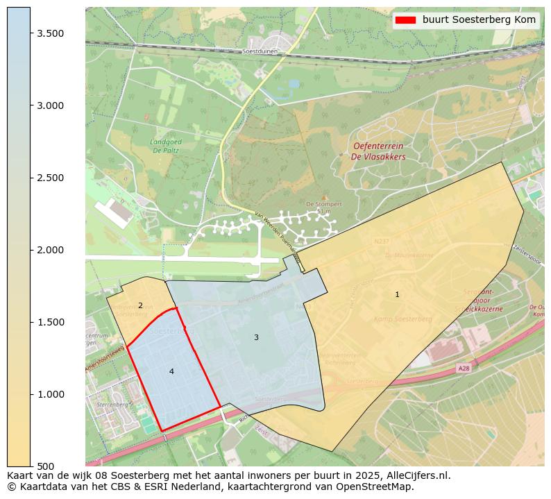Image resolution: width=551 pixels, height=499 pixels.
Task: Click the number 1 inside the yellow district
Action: [397, 295]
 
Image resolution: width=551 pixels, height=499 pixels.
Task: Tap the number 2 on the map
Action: [140, 305]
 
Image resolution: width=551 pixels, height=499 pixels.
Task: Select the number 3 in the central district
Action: [256, 338]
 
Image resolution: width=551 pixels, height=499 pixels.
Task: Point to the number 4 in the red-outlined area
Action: [171, 372]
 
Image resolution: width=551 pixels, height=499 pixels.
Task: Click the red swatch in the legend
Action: [405, 20]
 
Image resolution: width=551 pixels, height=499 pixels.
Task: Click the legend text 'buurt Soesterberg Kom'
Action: [479, 20]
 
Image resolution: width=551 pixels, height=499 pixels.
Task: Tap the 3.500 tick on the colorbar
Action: [50, 33]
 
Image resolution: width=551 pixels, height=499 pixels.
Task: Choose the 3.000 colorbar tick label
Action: [50, 105]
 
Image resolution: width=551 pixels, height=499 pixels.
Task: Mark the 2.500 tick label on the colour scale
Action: [50, 178]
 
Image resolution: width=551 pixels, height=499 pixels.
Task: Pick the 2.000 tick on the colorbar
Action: [50, 250]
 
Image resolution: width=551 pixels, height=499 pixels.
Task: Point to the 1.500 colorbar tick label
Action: [50, 322]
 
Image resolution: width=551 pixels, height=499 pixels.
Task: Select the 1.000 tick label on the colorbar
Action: [50, 394]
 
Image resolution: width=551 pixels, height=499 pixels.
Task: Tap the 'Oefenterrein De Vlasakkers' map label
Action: [378, 151]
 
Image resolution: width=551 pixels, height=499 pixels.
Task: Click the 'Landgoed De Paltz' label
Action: [165, 145]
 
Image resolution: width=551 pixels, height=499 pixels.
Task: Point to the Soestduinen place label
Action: [260, 51]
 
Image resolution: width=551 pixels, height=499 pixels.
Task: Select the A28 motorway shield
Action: [464, 369]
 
